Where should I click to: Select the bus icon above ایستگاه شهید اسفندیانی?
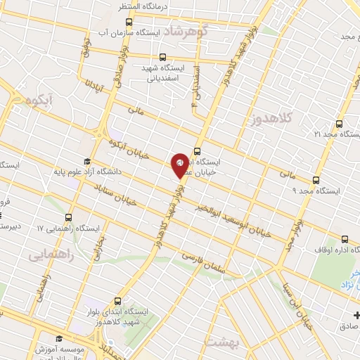pos(163,58)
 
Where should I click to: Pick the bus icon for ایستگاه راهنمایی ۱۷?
pos(68,218)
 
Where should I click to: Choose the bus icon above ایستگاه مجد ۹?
pos(316,180)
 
